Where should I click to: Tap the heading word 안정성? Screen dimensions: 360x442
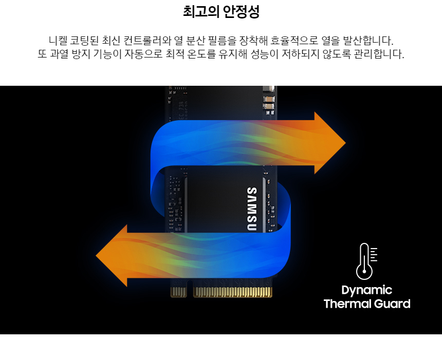pos(242,12)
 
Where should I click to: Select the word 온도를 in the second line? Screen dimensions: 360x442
pos(211,54)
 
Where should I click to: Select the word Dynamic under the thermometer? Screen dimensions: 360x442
pos(366,290)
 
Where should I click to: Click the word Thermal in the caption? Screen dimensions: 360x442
pos(347,304)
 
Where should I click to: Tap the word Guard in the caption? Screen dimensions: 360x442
pos(392,304)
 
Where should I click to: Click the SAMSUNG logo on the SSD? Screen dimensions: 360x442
pos(252,207)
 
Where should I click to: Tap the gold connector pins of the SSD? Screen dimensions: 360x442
pos(231,292)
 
